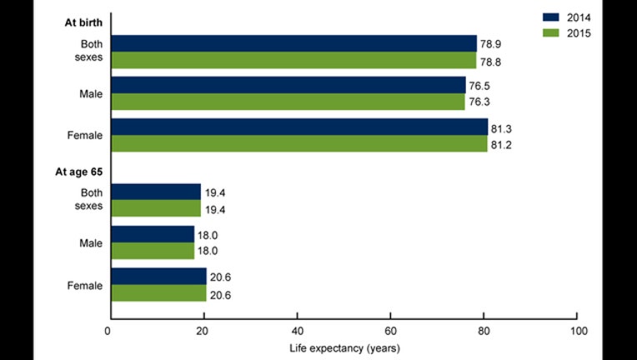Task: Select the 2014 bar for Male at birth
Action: click(288, 85)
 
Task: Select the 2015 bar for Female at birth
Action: click(298, 143)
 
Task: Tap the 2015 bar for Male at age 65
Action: click(152, 251)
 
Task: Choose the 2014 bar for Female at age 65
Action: click(158, 276)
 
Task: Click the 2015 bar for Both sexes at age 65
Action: click(155, 208)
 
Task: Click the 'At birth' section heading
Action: click(85, 22)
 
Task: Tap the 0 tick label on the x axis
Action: click(109, 331)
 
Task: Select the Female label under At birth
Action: click(85, 135)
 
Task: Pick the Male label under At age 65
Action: click(90, 242)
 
